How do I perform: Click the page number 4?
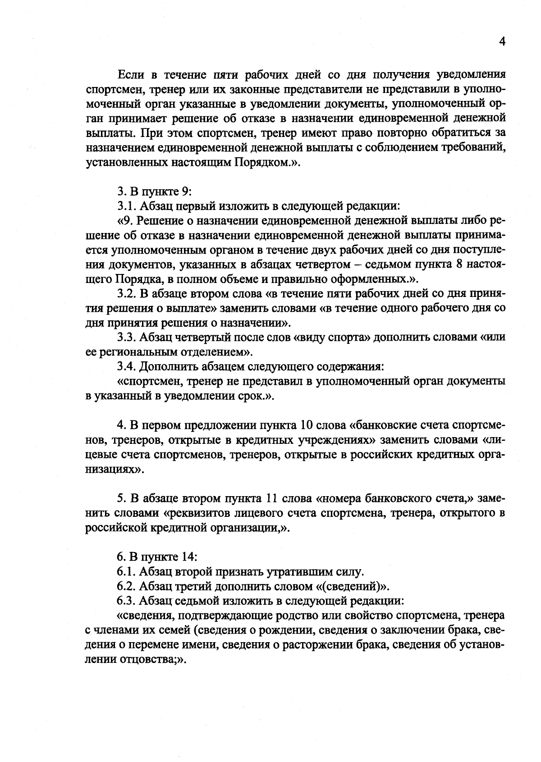pyautogui.click(x=502, y=41)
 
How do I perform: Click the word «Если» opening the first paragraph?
pyautogui.click(x=130, y=74)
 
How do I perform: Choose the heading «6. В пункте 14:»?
pyautogui.click(x=157, y=557)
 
